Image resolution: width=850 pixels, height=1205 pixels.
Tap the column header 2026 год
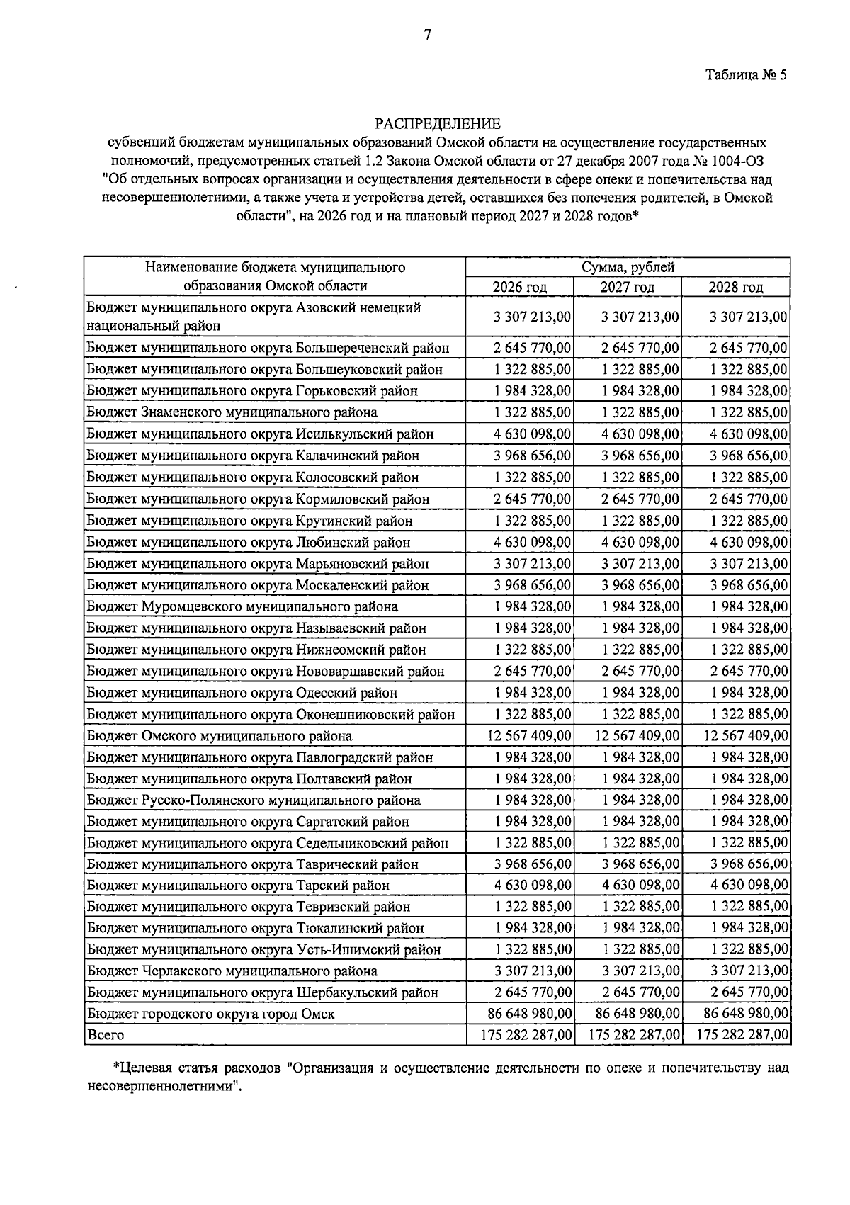[520, 287]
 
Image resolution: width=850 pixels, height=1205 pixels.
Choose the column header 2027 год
[628, 287]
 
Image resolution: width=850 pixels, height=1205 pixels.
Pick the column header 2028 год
[736, 287]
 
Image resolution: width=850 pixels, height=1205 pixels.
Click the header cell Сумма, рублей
[628, 267]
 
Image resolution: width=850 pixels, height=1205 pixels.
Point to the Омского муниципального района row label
[220, 736]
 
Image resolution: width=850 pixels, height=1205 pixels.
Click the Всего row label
[106, 1035]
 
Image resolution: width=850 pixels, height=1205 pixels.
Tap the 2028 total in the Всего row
[743, 1035]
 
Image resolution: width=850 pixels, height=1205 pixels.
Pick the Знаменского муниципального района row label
[232, 412]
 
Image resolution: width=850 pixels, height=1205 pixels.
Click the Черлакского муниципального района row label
[232, 971]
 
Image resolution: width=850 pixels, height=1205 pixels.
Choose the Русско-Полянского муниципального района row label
[254, 800]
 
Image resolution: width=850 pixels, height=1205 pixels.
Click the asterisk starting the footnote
[116, 1067]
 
